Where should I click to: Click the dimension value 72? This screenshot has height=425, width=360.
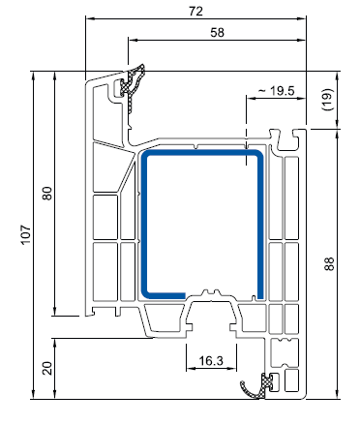tap(195, 11)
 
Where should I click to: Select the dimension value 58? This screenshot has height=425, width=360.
tap(217, 32)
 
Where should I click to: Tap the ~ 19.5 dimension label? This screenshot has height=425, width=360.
tap(277, 91)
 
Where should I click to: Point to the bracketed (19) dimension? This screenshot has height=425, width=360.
tap(328, 100)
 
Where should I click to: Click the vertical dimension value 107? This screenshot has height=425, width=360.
tap(26, 234)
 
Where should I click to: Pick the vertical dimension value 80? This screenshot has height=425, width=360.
tap(47, 194)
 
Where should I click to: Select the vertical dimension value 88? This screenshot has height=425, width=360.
tap(329, 264)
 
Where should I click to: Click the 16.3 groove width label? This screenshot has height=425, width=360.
tap(211, 360)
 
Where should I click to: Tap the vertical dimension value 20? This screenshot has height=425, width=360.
tap(47, 368)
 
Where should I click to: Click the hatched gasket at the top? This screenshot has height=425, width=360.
tap(132, 86)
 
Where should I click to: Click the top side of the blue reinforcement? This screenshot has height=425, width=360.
tap(202, 153)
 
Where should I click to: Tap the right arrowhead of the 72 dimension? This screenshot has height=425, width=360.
tap(302, 18)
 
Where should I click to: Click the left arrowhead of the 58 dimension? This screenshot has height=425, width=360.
tap(133, 40)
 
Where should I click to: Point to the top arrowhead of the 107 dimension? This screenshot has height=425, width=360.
tap(33, 76)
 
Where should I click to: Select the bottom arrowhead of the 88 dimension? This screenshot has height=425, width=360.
tap(337, 394)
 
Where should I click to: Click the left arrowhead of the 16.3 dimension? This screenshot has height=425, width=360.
tap(191, 368)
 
